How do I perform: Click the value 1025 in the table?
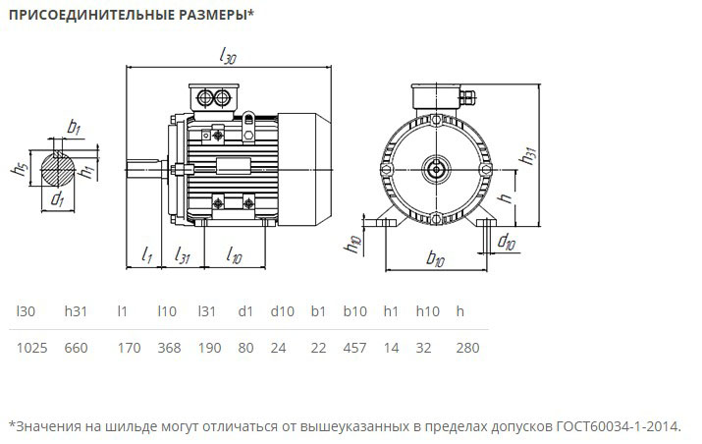[32, 348]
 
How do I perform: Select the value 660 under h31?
[77, 348]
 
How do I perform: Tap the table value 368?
[169, 348]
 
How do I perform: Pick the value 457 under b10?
[355, 348]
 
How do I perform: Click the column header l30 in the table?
[27, 311]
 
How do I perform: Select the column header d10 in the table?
[282, 311]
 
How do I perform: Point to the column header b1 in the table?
[318, 311]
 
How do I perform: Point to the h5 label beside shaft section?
[18, 168]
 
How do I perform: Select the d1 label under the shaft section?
[57, 200]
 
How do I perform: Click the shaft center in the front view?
[433, 169]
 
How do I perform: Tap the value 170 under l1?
[129, 348]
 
